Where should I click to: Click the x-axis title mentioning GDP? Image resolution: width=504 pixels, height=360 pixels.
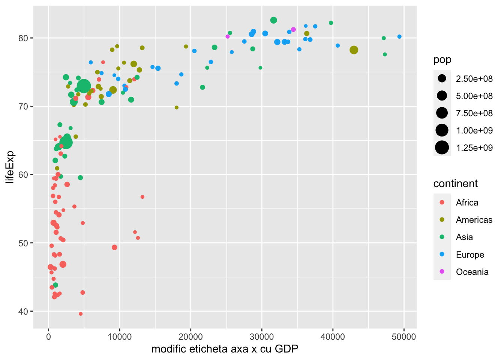coord(225,349)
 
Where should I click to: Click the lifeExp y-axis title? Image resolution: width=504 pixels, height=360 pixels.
coord(10,167)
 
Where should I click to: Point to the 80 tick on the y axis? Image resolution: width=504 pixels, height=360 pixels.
coord(24,38)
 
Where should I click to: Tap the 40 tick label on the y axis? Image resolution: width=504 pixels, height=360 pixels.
coord(24,311)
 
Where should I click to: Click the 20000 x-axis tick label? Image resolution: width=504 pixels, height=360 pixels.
coord(190,337)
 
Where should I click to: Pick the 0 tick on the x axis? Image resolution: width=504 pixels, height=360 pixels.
coord(48,337)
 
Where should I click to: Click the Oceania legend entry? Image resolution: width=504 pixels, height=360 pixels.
coord(472,272)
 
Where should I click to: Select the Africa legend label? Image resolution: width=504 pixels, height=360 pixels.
coord(467,202)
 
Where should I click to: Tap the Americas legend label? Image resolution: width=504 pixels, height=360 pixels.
coord(474,220)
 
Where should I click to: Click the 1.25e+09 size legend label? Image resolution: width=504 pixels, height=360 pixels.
coord(474,148)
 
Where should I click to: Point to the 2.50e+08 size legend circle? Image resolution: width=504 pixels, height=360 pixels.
coord(442,78)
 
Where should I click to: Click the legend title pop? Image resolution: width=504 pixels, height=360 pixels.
coord(442,60)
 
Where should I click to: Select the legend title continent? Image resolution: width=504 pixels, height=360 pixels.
coord(455,183)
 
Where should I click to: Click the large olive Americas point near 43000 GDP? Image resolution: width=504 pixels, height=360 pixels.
coord(354,50)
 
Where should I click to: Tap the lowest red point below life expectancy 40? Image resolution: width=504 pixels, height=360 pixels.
coord(81,314)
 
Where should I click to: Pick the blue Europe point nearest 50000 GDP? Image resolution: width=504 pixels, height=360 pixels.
coord(399,37)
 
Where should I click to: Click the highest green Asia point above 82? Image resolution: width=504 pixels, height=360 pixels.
coord(273,20)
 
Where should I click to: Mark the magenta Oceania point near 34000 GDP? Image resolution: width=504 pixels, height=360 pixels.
coord(293,29)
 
